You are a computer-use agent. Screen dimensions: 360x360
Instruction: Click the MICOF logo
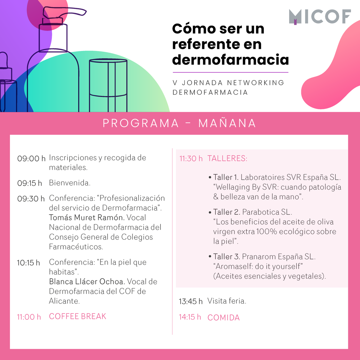[320, 17]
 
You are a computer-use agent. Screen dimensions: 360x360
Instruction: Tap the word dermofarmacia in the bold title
[230, 60]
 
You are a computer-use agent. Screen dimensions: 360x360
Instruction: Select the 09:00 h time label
[31, 158]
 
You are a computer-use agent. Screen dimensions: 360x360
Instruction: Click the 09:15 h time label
[29, 183]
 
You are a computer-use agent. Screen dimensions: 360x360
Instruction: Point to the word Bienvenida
[70, 183]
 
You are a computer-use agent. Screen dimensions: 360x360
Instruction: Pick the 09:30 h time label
[31, 199]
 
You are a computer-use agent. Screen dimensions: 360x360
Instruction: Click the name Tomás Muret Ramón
[86, 217]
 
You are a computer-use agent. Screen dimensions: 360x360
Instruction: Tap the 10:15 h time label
[28, 263]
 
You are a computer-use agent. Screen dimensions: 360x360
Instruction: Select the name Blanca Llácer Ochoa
[86, 282]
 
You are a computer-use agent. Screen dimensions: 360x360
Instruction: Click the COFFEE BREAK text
[77, 316]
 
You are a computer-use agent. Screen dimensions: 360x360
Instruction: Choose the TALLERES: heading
[227, 158]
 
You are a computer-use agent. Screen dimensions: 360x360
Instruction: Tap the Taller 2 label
[226, 212]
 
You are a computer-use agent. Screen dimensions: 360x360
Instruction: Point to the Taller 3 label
[226, 257]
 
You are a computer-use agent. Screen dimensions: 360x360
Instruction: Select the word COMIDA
[223, 318]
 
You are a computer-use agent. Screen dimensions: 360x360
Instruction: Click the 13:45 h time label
[190, 301]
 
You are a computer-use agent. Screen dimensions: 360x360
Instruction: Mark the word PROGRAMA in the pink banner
[140, 123]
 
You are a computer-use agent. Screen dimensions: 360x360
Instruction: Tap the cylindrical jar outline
[108, 85]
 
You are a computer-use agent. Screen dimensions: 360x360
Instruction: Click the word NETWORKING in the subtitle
[255, 83]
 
